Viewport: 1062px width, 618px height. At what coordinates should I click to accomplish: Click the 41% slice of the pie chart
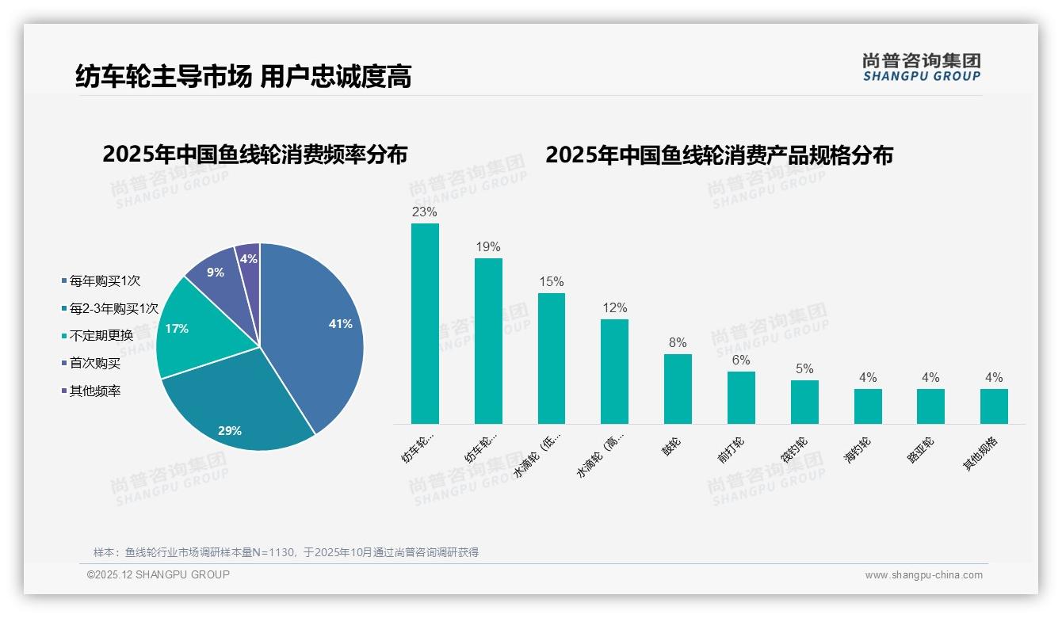(x=317, y=333)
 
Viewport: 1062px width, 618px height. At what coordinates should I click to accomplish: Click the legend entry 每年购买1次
(x=105, y=280)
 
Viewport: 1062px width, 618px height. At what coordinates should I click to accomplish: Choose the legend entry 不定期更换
(x=101, y=335)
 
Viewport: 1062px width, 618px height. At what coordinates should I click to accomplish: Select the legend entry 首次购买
(x=94, y=363)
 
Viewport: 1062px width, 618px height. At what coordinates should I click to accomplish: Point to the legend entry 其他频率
(x=94, y=391)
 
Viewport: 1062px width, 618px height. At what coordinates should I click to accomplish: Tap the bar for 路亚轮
(x=930, y=406)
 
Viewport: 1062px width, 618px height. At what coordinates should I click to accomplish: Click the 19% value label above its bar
(x=488, y=247)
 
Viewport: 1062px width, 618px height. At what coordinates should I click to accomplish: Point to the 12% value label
(x=614, y=308)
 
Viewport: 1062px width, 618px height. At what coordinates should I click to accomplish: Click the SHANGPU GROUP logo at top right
(x=921, y=67)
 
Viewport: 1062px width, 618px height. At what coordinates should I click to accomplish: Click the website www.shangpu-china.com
(x=923, y=575)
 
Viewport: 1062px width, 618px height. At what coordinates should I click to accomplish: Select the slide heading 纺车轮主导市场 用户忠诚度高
(x=243, y=77)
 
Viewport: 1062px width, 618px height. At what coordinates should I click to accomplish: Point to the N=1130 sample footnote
(x=286, y=552)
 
